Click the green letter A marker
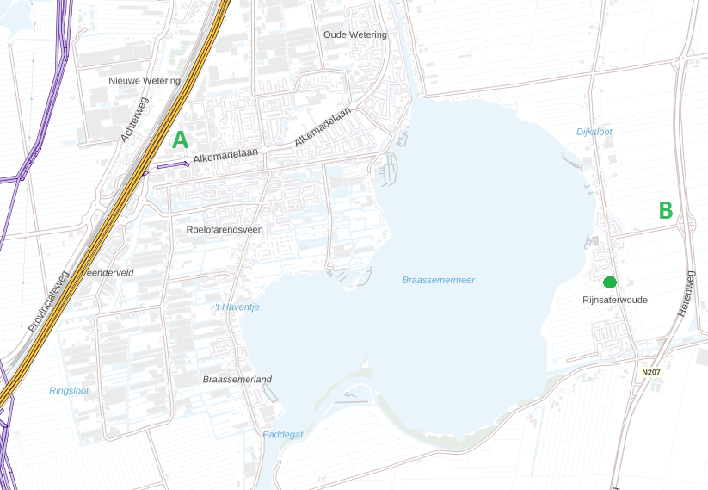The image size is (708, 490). (x=180, y=140)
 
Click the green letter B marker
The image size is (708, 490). (x=665, y=211)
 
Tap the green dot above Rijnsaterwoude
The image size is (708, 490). (x=610, y=282)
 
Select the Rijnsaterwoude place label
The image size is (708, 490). (x=614, y=300)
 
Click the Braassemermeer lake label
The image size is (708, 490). (x=438, y=280)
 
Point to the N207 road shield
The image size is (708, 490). (x=651, y=372)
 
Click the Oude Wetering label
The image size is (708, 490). (x=355, y=34)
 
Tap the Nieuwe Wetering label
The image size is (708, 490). (x=145, y=81)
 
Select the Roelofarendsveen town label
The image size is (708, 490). (x=225, y=230)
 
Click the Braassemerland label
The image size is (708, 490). (x=237, y=380)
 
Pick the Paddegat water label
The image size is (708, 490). (x=283, y=435)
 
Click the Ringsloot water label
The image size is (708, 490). (x=69, y=391)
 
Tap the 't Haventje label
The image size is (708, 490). (x=237, y=307)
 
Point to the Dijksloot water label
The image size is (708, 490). (x=594, y=132)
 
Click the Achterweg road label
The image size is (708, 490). (x=134, y=119)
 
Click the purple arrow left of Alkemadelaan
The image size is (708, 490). (x=173, y=164)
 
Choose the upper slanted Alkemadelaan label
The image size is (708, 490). (x=323, y=126)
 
